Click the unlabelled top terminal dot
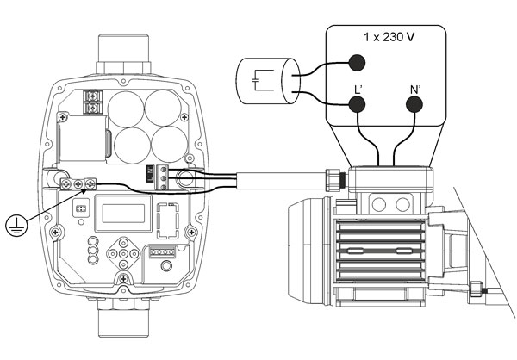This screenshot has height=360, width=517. (x=356, y=61)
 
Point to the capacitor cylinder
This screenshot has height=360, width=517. (x=265, y=83)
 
